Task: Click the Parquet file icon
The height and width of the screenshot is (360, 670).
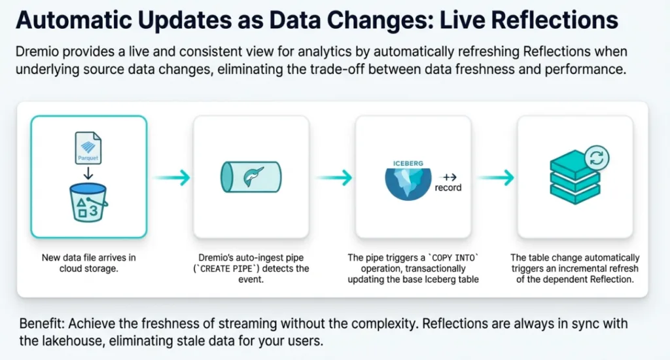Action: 88,147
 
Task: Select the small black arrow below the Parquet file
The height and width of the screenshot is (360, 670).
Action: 88,173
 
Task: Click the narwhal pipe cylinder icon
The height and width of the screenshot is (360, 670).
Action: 251,177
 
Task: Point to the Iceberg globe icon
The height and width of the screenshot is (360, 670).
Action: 408,184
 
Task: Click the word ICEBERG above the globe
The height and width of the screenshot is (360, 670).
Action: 408,164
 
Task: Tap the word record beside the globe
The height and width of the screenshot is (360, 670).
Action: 448,188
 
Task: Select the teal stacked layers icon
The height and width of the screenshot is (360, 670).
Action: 574,177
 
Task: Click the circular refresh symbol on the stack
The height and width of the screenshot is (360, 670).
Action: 597,158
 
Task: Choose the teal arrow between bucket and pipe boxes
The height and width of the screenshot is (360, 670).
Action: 172,177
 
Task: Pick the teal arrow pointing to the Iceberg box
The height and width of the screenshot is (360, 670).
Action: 334,177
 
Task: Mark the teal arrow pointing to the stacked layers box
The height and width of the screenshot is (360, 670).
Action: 496,177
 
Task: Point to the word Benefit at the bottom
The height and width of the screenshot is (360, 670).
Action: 42,323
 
